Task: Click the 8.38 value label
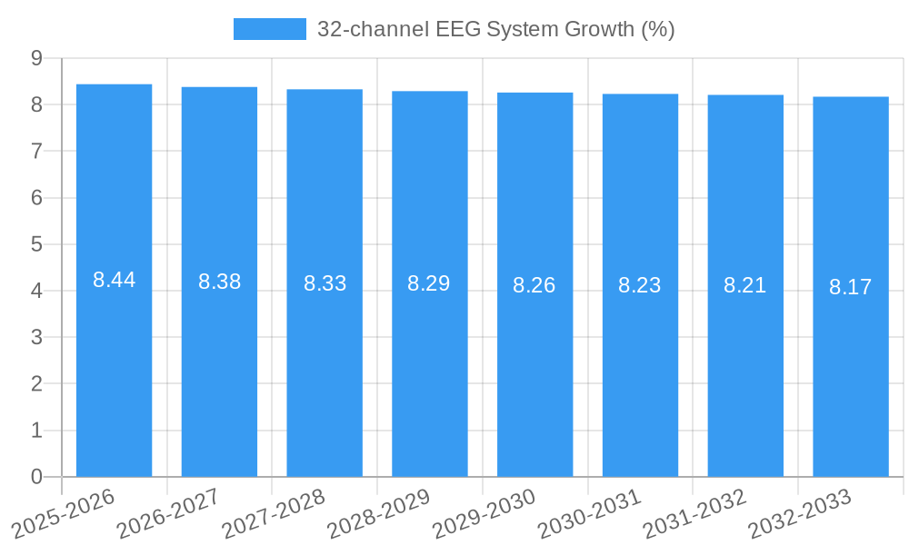click(219, 282)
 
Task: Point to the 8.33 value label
click(325, 283)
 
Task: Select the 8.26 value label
click(534, 285)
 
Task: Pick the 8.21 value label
click(745, 285)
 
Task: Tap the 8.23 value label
click(640, 285)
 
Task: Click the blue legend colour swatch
click(270, 29)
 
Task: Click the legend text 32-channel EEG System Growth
click(495, 29)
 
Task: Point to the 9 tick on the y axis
click(37, 58)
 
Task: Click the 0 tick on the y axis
click(37, 477)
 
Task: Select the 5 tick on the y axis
click(37, 244)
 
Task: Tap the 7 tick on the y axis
click(37, 151)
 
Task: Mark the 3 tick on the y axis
click(37, 337)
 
